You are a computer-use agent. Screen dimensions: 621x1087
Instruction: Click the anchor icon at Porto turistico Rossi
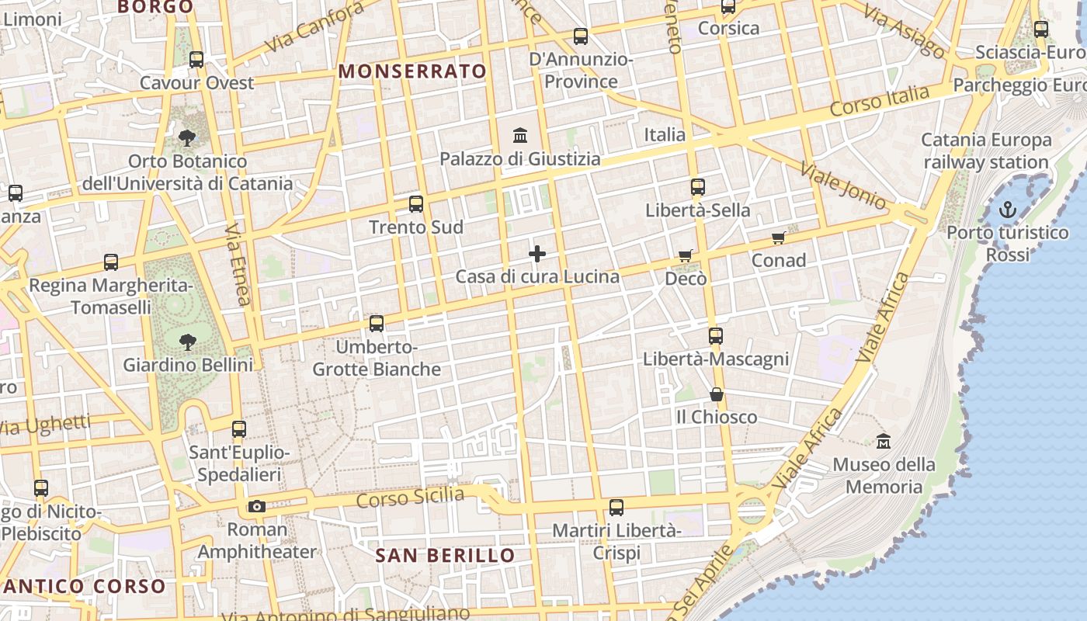[1007, 209]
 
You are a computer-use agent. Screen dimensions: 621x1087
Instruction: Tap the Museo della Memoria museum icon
[883, 442]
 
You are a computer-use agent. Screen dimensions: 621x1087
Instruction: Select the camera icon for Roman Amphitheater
[256, 507]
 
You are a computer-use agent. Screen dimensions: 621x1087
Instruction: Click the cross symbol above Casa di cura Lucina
[537, 254]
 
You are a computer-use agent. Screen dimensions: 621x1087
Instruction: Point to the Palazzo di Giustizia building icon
[520, 136]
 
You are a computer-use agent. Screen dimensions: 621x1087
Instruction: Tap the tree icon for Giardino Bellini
[187, 341]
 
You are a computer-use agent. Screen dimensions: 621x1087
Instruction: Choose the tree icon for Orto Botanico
[187, 138]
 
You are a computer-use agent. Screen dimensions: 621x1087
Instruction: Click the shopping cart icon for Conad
[778, 238]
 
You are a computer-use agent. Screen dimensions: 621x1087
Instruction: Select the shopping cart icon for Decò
[685, 255]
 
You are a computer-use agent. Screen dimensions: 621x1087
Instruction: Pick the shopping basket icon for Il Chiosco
[716, 394]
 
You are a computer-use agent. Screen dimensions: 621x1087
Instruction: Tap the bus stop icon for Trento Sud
[416, 204]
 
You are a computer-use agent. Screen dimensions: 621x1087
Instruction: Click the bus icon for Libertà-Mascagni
[715, 336]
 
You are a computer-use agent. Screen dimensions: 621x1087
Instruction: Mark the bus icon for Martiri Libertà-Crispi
[616, 508]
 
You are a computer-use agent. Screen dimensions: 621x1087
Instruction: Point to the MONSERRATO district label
[412, 71]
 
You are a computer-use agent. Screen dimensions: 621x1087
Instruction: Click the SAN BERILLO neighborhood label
[445, 555]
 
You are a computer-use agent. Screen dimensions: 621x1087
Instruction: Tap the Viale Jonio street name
[842, 186]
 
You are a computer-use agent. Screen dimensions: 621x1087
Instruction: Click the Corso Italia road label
[879, 102]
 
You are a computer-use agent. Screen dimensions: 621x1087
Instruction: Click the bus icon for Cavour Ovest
[196, 60]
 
